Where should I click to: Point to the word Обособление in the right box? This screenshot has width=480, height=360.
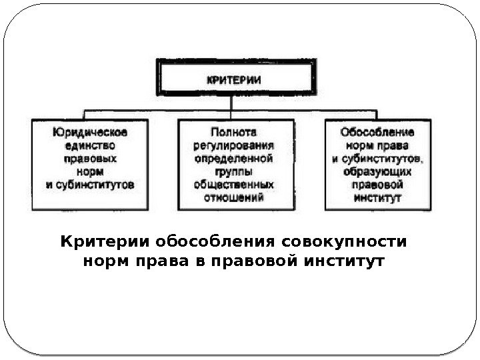coord(377,132)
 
